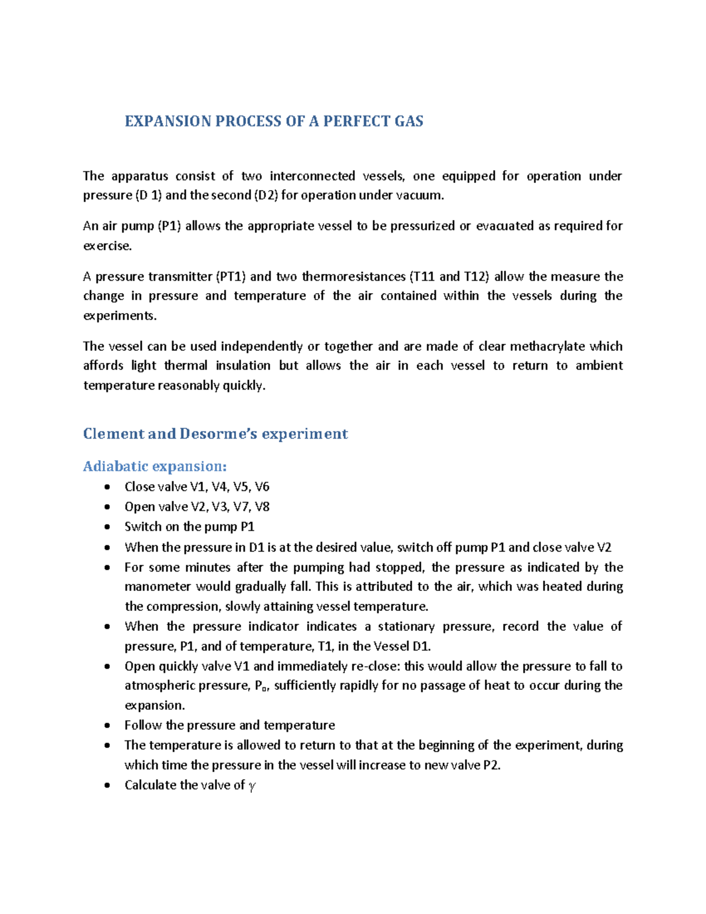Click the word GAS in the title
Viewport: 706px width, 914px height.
[409, 121]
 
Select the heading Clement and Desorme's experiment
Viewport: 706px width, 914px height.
[215, 434]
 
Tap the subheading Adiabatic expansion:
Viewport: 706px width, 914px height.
[155, 466]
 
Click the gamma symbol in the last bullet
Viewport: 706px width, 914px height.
[252, 786]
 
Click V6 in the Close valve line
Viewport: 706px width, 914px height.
[262, 487]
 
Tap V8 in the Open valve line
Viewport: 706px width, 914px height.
[262, 507]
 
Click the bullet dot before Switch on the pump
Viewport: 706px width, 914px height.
[106, 527]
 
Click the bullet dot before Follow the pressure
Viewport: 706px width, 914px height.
[106, 726]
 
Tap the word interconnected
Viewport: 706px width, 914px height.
[312, 176]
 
